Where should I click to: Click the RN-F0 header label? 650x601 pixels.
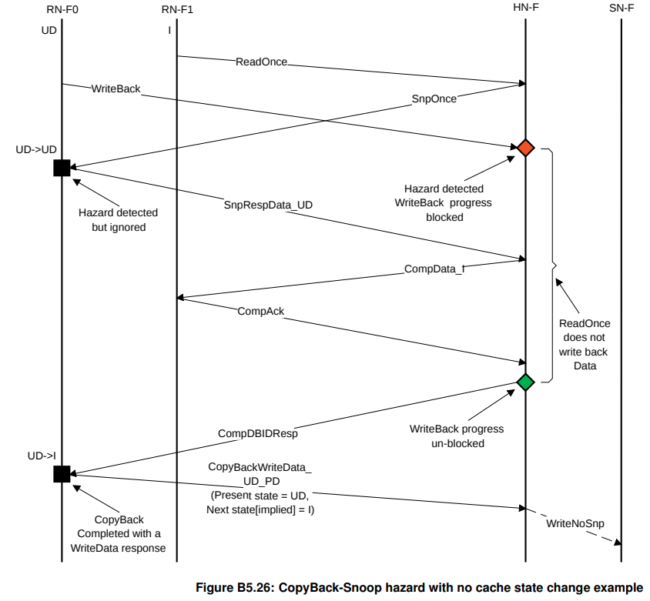tap(61, 10)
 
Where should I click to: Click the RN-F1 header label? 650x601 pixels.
tap(176, 10)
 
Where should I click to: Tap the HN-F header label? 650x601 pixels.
tap(524, 10)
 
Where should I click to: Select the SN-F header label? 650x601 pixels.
tap(620, 10)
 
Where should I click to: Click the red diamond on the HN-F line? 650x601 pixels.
tap(525, 147)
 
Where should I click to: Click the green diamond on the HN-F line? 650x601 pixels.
tap(525, 382)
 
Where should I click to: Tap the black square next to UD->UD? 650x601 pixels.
tap(62, 168)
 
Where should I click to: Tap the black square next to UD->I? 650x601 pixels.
tap(62, 473)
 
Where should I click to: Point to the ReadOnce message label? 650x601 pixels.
tap(261, 62)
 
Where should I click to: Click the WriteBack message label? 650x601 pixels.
tap(116, 88)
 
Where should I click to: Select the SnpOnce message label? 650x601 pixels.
tap(434, 98)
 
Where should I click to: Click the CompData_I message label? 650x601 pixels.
tap(434, 269)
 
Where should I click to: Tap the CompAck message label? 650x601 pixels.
tap(260, 311)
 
